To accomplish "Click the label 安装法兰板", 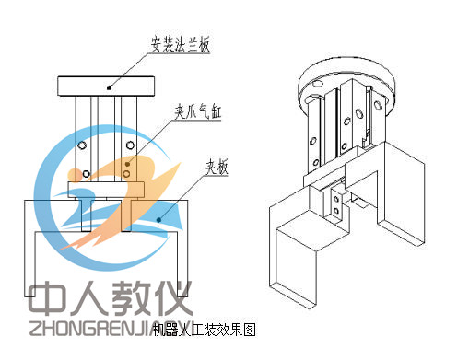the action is [181, 42].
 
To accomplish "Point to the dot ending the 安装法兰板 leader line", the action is [109, 87].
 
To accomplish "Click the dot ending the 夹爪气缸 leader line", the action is [127, 163].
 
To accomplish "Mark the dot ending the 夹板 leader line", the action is [159, 219].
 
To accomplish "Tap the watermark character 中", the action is [44, 298].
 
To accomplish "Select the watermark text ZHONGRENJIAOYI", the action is [111, 329].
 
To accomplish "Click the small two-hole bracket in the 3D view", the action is [338, 202].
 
